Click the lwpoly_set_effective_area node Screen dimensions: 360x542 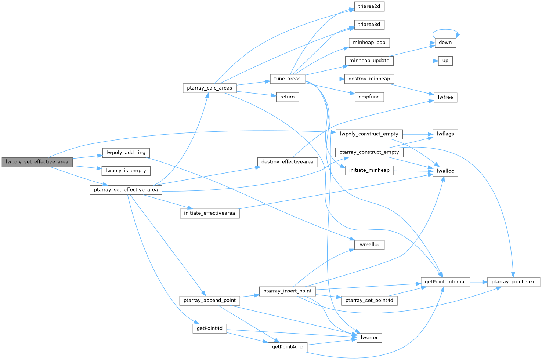pyautogui.click(x=37, y=162)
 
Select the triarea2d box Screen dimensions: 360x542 pyautogui.click(x=369, y=6)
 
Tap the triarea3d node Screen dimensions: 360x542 pyautogui.click(x=369, y=25)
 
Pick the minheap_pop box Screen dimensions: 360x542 pyautogui.click(x=369, y=43)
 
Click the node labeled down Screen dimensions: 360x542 pyautogui.click(x=445, y=43)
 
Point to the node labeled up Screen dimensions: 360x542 pyautogui.click(x=445, y=61)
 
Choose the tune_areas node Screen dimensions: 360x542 pyautogui.click(x=287, y=79)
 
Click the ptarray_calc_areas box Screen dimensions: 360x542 pyautogui.click(x=209, y=88)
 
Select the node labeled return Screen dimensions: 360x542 pyautogui.click(x=287, y=97)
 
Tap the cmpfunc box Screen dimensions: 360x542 pyautogui.click(x=369, y=97)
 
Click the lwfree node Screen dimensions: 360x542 pyautogui.click(x=445, y=97)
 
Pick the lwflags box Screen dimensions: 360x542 pyautogui.click(x=445, y=134)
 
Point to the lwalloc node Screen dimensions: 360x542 pyautogui.click(x=445, y=171)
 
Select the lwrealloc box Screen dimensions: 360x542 pyautogui.click(x=369, y=244)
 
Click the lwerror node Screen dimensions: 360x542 pyautogui.click(x=369, y=338)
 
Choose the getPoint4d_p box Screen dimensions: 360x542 pyautogui.click(x=287, y=347)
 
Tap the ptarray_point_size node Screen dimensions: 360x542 pyautogui.click(x=513, y=282)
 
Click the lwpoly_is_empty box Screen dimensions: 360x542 pyautogui.click(x=126, y=171)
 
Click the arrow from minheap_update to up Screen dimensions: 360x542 pyautogui.click(x=415, y=61)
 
